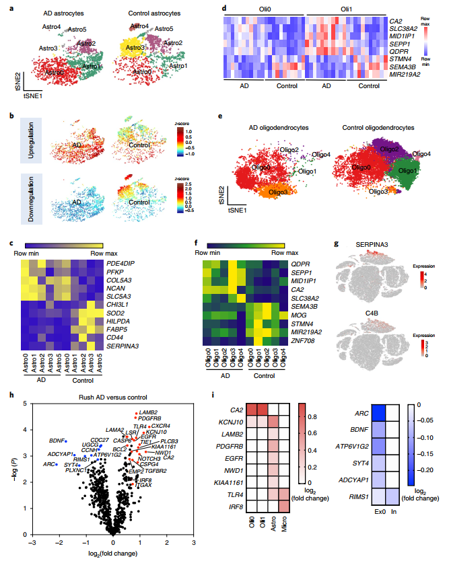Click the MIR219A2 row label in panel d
[406, 75]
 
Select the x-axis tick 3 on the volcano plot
[194, 541]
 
